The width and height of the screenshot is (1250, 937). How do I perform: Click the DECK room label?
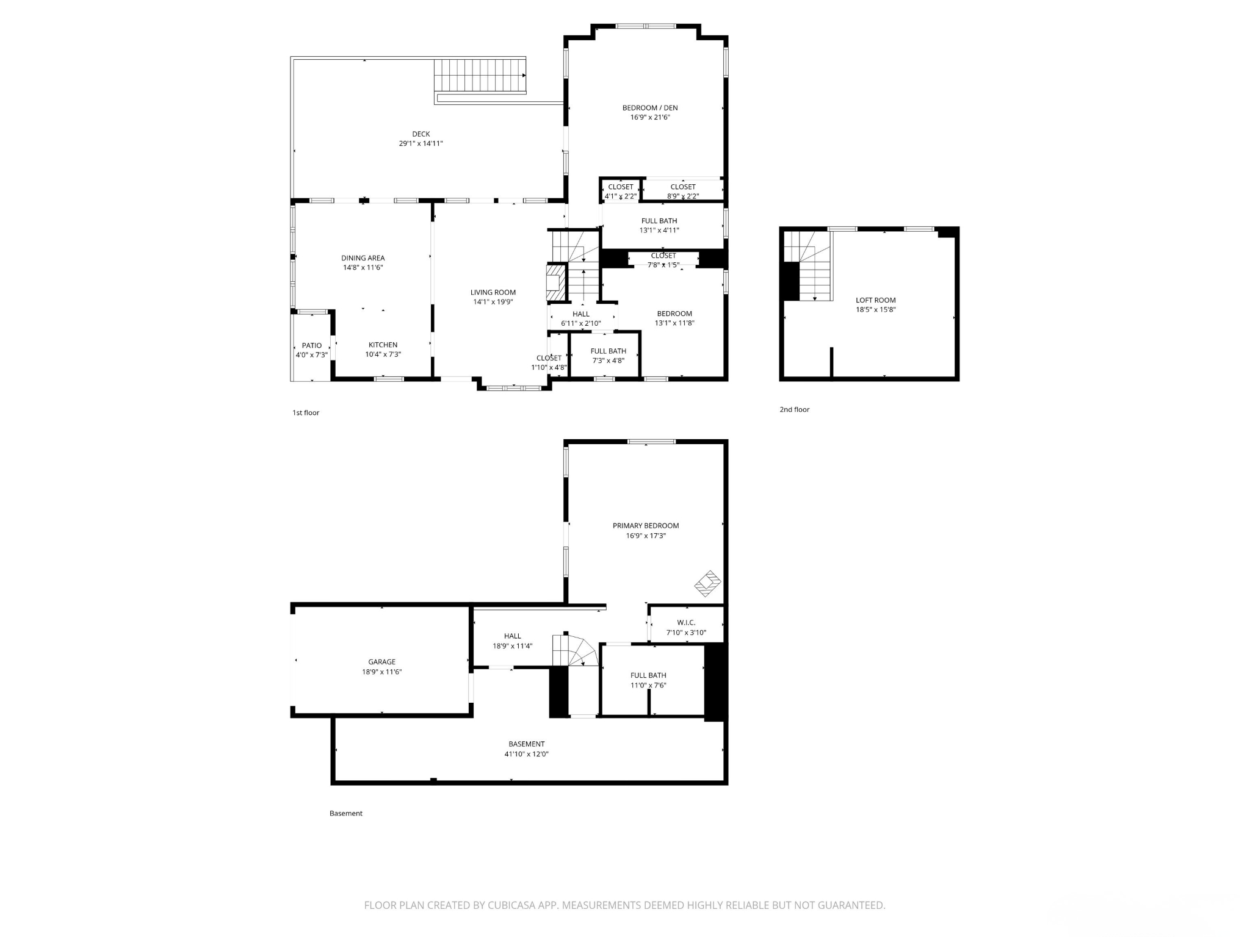pyautogui.click(x=421, y=134)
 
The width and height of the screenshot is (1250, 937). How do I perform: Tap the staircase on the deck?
pyautogui.click(x=480, y=76)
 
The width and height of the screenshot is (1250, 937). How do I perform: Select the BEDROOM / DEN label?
pyautogui.click(x=650, y=108)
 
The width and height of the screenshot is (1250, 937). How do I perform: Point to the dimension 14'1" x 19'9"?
pyautogui.click(x=493, y=302)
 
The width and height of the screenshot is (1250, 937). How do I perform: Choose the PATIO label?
pyautogui.click(x=311, y=345)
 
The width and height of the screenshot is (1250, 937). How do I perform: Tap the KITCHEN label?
pyautogui.click(x=383, y=345)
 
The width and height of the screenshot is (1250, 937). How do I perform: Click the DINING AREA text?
pyautogui.click(x=363, y=258)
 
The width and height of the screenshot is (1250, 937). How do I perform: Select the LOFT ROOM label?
pyautogui.click(x=875, y=300)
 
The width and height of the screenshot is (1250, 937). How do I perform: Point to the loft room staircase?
pyautogui.click(x=807, y=266)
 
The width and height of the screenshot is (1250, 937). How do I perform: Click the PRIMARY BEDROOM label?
pyautogui.click(x=646, y=526)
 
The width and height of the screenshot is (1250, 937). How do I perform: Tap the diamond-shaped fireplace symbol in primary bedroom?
pyautogui.click(x=708, y=583)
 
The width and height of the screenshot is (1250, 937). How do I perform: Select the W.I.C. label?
pyautogui.click(x=686, y=623)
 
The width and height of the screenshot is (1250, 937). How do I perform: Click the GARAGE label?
pyautogui.click(x=381, y=662)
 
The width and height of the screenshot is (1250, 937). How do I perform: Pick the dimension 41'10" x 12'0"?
pyautogui.click(x=526, y=754)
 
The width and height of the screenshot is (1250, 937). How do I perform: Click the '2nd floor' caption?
pyautogui.click(x=794, y=409)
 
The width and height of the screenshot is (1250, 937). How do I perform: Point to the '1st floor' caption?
pyautogui.click(x=305, y=413)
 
